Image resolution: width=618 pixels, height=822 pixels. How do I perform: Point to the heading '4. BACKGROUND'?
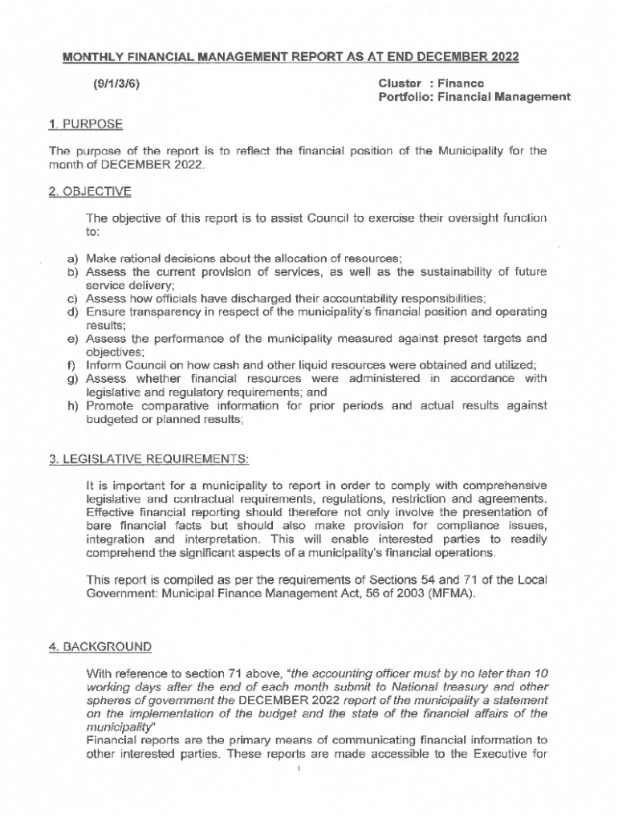point(100,646)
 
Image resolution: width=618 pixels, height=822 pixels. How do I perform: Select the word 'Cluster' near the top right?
point(400,83)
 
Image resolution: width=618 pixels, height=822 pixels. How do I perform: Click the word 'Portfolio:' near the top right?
point(408,97)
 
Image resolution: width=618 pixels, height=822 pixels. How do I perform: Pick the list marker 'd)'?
point(71,311)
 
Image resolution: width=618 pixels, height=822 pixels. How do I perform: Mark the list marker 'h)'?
point(71,405)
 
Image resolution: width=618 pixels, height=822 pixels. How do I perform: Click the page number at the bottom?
point(299,768)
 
